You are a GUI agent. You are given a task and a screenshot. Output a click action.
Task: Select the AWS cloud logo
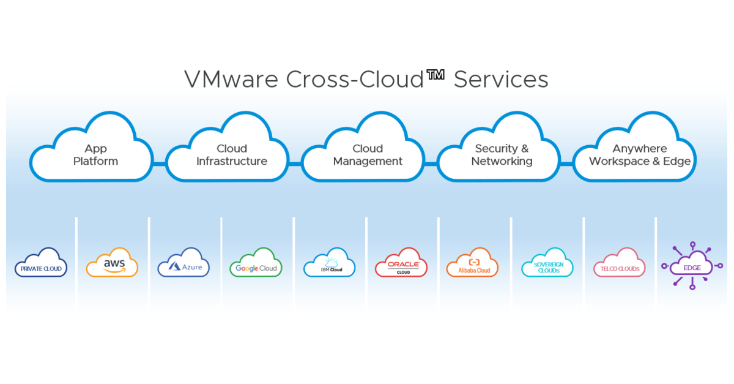tap(113, 263)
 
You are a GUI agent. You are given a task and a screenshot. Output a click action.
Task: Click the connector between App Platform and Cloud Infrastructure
tap(160, 164)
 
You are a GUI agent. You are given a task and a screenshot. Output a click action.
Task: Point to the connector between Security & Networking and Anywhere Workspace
tap(567, 164)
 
